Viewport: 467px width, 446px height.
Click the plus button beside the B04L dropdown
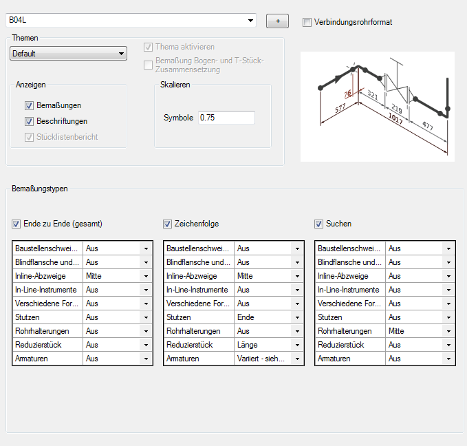click(277, 21)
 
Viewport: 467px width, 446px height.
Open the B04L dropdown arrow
click(250, 20)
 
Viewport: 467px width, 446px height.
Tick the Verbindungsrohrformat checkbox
click(307, 22)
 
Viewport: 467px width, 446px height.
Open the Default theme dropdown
click(69, 54)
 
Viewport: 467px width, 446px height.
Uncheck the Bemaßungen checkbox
click(29, 105)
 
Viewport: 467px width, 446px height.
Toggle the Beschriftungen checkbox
click(29, 121)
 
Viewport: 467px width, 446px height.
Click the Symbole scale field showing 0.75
click(226, 118)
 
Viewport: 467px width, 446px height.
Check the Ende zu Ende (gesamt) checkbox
click(16, 224)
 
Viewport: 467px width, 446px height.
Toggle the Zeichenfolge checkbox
click(167, 224)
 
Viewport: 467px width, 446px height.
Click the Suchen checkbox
click(318, 224)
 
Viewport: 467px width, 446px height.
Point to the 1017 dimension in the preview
click(396, 118)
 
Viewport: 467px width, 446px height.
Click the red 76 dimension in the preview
click(347, 94)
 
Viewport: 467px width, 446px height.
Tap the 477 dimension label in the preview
click(428, 125)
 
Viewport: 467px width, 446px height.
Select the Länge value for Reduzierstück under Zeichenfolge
click(247, 345)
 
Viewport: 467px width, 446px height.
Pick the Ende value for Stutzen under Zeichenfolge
click(246, 317)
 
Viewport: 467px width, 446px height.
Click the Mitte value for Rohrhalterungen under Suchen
click(396, 331)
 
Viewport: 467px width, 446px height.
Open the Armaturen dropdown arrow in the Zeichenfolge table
click(297, 359)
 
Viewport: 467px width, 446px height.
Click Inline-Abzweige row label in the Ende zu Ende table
click(41, 276)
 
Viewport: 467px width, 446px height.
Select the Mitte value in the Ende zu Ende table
click(94, 276)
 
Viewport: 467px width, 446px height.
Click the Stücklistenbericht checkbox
click(29, 137)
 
